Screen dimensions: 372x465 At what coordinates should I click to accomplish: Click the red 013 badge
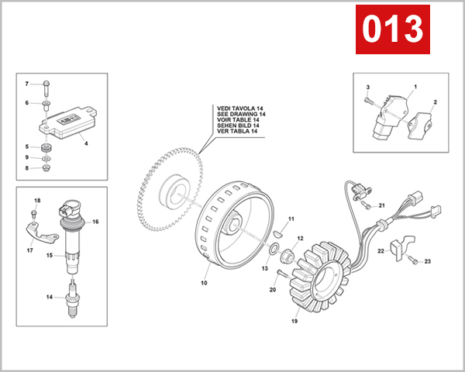[392, 29]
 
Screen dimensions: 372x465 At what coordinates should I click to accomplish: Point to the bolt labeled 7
[46, 84]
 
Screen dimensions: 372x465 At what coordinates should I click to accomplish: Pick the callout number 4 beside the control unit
[85, 143]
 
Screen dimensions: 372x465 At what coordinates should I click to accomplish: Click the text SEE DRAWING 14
[241, 114]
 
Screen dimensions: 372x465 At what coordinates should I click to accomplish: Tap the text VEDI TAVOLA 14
[241, 108]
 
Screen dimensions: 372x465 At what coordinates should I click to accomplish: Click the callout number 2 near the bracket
[435, 102]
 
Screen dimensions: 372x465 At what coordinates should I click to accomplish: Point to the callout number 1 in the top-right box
[415, 87]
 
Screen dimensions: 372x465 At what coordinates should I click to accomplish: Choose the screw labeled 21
[366, 205]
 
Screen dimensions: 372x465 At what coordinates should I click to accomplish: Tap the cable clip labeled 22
[396, 247]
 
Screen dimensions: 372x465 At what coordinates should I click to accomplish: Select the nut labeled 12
[286, 253]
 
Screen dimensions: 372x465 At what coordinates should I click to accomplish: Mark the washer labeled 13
[274, 249]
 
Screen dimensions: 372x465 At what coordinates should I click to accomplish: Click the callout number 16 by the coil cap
[96, 221]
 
